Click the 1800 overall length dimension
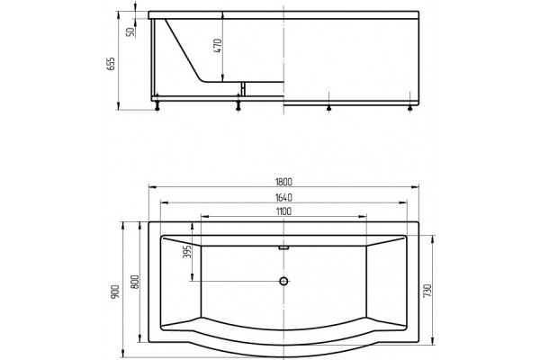[x=283, y=182]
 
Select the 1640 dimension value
[x=283, y=197]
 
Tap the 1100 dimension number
[x=283, y=211]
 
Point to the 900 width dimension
[x=115, y=292]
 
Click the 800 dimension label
[x=135, y=282]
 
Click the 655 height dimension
[x=110, y=64]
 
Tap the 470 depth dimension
[x=218, y=46]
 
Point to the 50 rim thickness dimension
[x=130, y=32]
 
